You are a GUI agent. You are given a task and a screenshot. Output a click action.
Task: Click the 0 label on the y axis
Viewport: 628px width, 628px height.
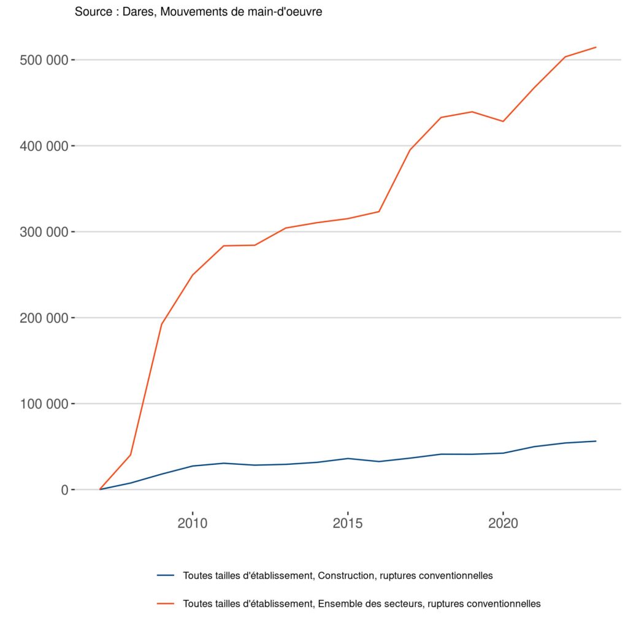tap(63, 490)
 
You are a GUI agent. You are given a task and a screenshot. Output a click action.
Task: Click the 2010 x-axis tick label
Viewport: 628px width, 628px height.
tap(193, 524)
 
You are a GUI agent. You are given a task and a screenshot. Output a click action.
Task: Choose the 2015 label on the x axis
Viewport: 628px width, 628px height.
tap(348, 524)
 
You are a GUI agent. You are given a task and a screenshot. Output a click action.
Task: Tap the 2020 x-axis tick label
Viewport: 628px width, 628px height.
tap(503, 524)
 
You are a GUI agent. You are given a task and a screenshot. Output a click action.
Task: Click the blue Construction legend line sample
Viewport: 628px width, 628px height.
tap(166, 575)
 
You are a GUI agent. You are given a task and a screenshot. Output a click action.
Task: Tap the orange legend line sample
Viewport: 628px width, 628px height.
tap(166, 603)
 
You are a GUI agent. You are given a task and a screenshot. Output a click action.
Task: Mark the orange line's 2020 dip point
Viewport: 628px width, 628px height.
tap(503, 121)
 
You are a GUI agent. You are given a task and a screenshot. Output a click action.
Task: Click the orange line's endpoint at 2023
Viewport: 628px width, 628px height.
tap(595, 47)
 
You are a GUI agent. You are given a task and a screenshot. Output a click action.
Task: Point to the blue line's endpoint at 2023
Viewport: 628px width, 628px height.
tap(595, 441)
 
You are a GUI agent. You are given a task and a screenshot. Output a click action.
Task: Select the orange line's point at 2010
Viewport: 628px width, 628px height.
tap(193, 275)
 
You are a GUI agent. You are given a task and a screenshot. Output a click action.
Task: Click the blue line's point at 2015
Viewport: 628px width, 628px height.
tap(348, 459)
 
